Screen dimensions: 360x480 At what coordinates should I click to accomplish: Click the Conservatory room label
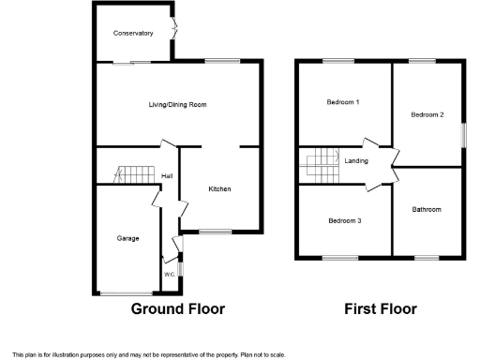pos(133,33)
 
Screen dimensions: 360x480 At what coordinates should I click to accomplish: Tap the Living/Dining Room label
pos(177,105)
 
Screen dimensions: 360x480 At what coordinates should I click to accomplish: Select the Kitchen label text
pos(219,189)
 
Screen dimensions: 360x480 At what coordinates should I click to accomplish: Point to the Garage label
pos(127,238)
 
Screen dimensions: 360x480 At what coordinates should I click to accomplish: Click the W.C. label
pos(170,274)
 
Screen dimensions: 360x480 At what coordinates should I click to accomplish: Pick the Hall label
pos(167,176)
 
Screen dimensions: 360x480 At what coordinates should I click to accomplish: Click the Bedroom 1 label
pos(343,101)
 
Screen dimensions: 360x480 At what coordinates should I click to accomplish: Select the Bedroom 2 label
pos(427,114)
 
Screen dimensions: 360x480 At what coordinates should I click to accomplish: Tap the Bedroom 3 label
pos(345,221)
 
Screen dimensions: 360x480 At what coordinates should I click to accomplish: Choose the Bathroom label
pos(427,209)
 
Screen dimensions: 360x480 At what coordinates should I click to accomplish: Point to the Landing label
pos(356,161)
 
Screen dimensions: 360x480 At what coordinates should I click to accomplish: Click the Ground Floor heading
pos(177,308)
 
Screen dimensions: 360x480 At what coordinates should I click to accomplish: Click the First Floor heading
pos(380,308)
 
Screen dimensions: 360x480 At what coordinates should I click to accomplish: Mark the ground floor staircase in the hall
pos(133,173)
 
